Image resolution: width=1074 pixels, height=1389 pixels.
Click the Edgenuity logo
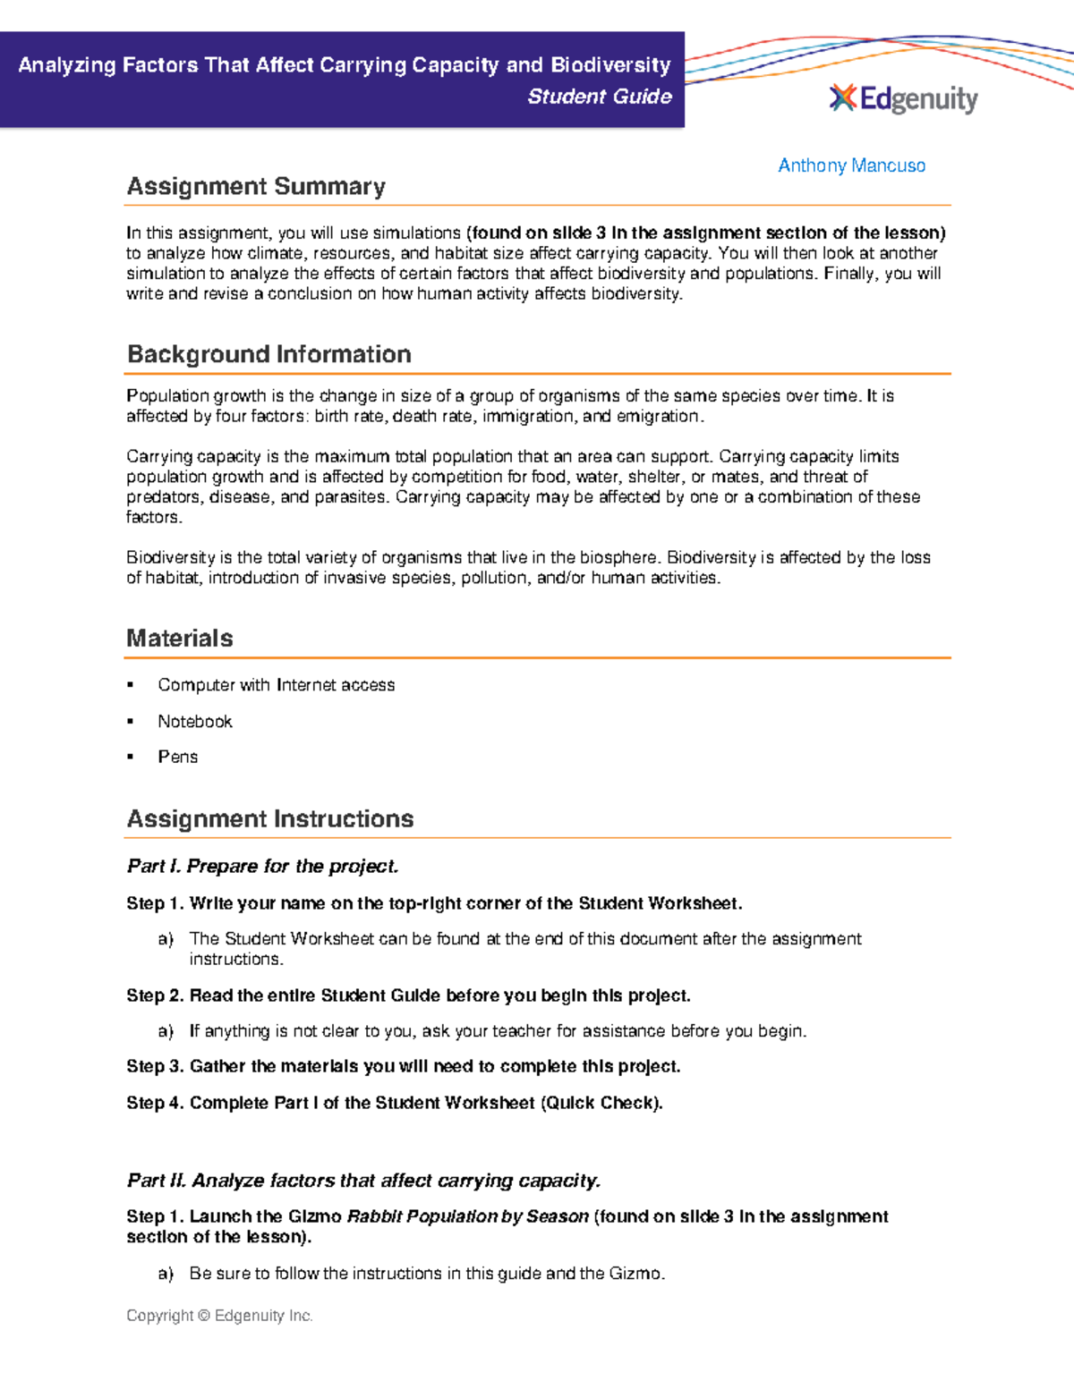point(903,98)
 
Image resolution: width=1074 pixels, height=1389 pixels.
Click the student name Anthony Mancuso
point(851,165)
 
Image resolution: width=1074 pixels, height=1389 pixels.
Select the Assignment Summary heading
point(256,186)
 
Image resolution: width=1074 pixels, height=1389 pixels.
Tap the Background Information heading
point(268,354)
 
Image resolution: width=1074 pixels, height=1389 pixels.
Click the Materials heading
point(180,638)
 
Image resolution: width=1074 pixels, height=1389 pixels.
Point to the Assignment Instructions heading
point(270,818)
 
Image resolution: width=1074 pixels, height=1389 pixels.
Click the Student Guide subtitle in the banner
point(599,97)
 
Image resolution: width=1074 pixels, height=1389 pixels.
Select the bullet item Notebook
point(194,721)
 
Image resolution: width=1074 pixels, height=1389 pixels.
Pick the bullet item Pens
point(177,757)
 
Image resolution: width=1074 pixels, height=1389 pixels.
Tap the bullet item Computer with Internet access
point(276,685)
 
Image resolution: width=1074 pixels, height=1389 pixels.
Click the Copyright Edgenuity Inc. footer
point(219,1316)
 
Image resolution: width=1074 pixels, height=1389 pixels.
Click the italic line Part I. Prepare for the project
point(262,866)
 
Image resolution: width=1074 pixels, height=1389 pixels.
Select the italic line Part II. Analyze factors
point(363,1181)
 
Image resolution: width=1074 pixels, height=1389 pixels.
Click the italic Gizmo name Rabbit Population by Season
point(467,1216)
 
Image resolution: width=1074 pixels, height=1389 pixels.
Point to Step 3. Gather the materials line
point(403,1066)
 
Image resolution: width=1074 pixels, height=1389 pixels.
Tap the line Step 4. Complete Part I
point(394,1103)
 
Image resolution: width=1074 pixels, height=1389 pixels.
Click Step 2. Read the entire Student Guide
point(408,995)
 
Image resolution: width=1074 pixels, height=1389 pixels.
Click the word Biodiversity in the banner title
point(610,65)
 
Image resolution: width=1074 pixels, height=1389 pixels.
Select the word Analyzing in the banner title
point(67,65)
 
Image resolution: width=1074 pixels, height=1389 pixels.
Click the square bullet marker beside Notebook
point(131,721)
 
